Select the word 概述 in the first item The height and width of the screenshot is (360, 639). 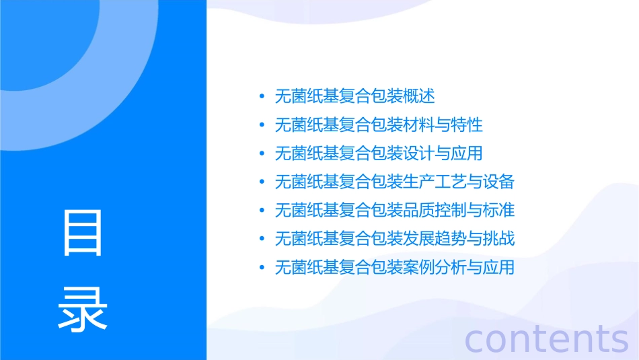click(419, 96)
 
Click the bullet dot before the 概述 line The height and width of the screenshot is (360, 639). click(262, 97)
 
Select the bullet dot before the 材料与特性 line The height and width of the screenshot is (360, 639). click(262, 125)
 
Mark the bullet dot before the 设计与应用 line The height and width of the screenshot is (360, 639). click(262, 154)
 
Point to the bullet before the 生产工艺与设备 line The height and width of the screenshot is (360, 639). click(262, 182)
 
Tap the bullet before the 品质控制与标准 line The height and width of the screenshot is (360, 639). click(262, 211)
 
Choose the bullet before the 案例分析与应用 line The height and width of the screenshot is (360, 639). click(262, 268)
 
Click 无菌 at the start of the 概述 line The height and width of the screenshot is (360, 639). click(291, 96)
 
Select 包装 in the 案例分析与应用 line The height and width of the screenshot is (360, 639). click(387, 268)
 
